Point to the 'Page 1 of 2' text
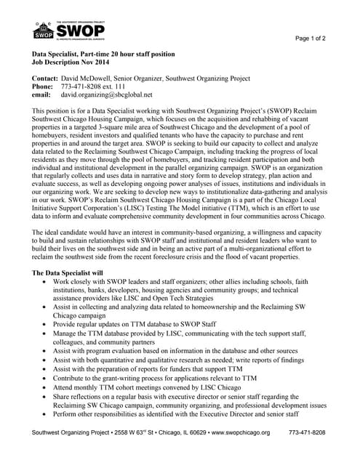(310, 38)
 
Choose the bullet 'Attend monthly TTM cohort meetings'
(143, 387)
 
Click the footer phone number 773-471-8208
(307, 432)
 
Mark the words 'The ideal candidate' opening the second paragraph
(63, 231)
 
